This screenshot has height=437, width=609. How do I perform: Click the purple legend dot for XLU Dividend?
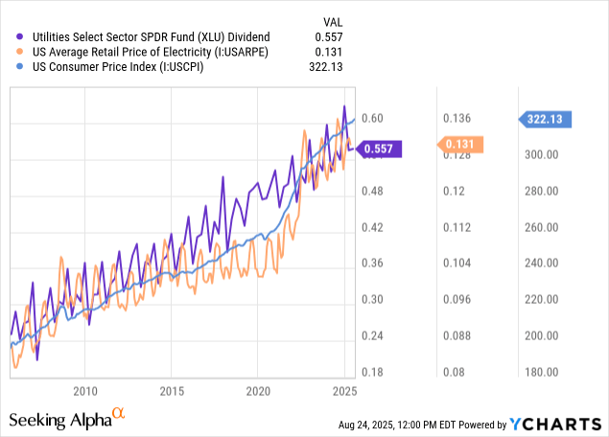21,35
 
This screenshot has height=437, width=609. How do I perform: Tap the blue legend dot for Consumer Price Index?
21,67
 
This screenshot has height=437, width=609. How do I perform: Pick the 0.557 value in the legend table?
329,35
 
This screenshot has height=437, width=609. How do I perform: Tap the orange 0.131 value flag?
460,145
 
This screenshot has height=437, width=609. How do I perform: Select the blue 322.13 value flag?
546,119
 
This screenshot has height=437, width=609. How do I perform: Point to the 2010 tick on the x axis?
85,391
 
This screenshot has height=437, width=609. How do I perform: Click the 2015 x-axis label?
173,391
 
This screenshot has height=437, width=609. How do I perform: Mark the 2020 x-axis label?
259,391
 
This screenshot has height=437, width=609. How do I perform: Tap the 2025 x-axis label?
344,391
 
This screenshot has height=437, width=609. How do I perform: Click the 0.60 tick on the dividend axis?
372,119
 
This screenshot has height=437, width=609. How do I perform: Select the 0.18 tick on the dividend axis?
372,372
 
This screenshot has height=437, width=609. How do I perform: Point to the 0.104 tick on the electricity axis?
457,264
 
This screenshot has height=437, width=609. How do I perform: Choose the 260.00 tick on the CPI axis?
541,227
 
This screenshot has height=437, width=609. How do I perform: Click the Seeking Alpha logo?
67,418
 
